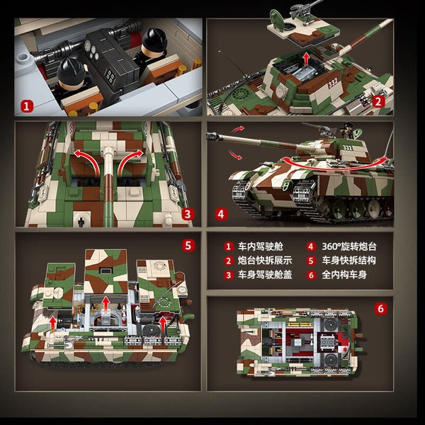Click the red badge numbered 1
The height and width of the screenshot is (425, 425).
tap(26, 106)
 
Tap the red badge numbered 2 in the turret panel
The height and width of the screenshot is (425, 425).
tap(378, 101)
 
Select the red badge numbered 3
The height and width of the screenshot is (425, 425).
tap(188, 214)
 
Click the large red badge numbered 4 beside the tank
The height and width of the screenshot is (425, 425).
tap(221, 214)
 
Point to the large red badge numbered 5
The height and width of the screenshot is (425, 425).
tap(188, 246)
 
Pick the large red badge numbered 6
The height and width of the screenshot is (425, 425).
tap(381, 308)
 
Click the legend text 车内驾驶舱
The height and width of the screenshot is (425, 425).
tap(260, 246)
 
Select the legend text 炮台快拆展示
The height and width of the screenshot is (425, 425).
tap(265, 261)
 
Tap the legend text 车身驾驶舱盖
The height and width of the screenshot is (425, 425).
tap(265, 275)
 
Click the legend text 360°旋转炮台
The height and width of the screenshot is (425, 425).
tap(349, 246)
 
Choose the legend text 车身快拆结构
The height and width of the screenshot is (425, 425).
tap(348, 261)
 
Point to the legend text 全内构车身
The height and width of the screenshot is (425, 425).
tap(344, 275)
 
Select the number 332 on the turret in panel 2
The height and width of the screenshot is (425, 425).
tap(333, 82)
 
